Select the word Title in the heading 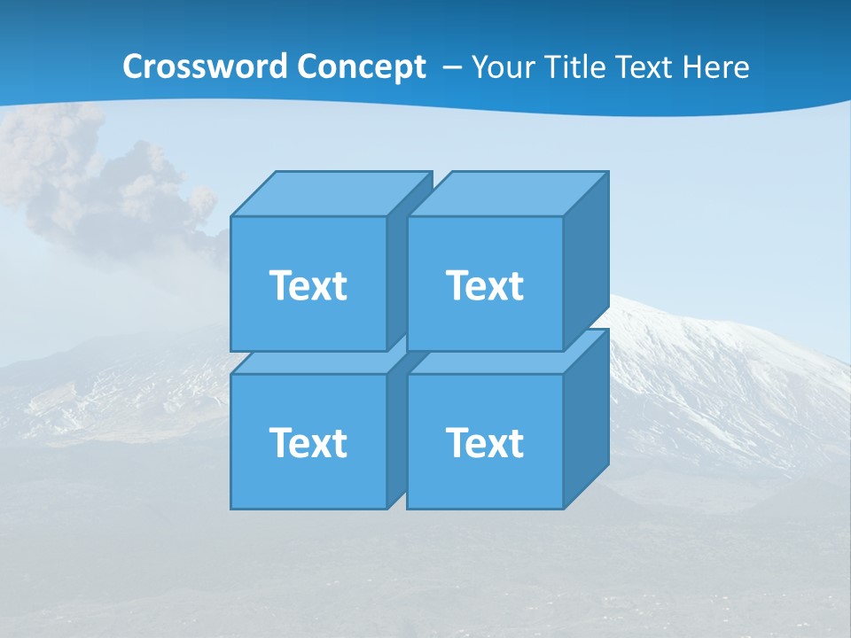(576, 66)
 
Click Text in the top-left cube (308, 285)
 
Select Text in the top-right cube (484, 285)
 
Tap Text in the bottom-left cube (308, 442)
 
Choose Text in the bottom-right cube (484, 442)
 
